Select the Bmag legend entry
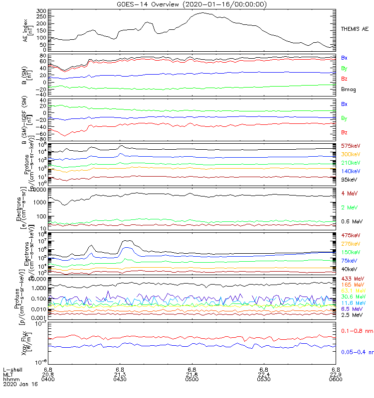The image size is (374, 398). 349,90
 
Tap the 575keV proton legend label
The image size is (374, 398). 351,146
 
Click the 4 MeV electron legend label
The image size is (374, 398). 350,193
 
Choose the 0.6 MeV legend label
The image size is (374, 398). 352,220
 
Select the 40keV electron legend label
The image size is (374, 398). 350,269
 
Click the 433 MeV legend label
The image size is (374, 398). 352,278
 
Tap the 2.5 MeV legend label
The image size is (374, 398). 352,315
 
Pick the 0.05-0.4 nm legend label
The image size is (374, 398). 356,352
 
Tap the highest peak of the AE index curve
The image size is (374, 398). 202,13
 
